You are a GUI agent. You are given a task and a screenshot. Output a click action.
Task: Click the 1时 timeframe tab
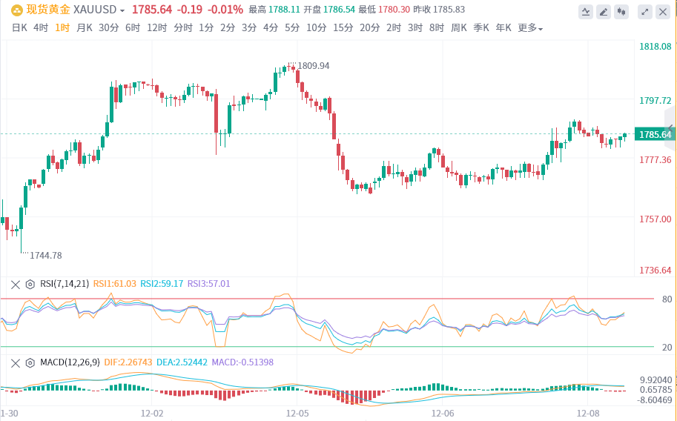62,27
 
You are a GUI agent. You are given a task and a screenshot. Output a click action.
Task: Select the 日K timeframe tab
19,27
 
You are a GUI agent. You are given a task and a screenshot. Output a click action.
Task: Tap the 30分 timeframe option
108,27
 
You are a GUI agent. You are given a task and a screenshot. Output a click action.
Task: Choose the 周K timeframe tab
459,27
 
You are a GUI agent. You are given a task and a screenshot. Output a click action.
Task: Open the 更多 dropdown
529,28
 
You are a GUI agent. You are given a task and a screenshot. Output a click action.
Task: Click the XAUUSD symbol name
99,10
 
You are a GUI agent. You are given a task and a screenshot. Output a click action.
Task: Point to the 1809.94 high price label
313,66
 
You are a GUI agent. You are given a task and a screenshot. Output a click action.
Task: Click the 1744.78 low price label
45,256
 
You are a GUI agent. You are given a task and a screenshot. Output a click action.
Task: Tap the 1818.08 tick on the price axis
655,47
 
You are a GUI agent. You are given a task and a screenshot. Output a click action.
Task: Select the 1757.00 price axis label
655,219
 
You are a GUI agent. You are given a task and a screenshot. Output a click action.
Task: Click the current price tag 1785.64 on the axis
655,134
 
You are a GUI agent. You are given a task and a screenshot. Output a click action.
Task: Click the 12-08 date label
588,412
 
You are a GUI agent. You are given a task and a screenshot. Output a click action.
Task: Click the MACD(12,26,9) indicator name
70,362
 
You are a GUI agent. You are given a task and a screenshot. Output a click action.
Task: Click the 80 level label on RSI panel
667,299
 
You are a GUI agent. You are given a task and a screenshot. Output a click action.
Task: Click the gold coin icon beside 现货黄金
16,10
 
